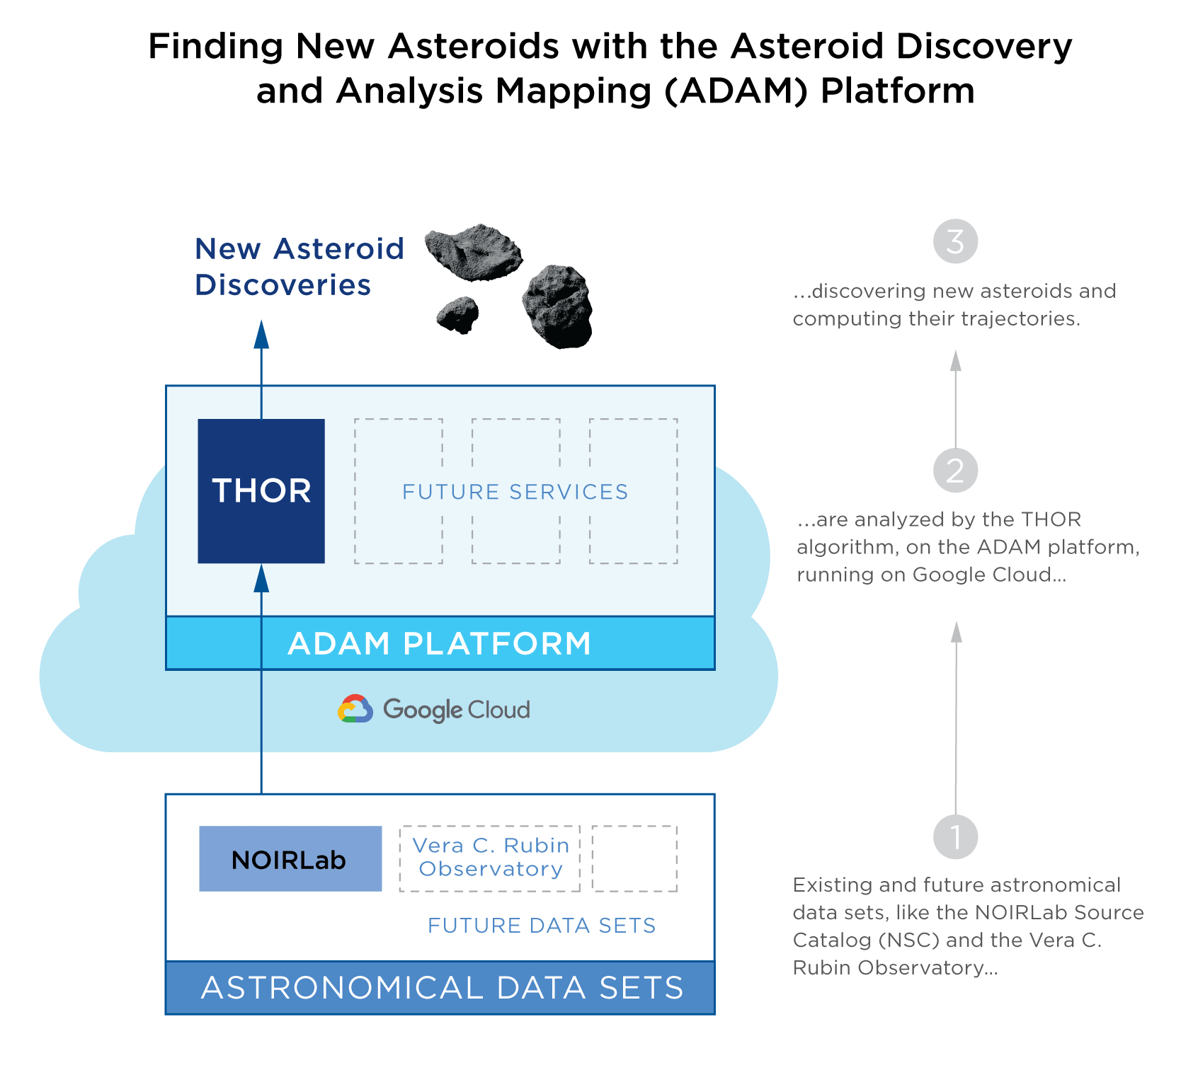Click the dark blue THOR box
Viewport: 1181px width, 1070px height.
[x=261, y=490]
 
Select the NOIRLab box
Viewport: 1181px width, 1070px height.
[x=290, y=858]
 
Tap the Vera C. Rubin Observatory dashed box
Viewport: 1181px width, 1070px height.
[x=490, y=858]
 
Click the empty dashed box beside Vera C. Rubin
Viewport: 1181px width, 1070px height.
[x=634, y=858]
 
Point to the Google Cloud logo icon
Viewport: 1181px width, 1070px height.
[x=355, y=708]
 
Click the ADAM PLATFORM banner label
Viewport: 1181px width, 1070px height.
[x=440, y=643]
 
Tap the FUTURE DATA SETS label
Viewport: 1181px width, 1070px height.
[x=542, y=926]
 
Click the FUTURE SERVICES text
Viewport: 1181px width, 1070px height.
[x=515, y=492]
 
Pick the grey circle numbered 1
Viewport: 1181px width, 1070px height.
[x=955, y=837]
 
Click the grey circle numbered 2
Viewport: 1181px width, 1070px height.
[x=955, y=471]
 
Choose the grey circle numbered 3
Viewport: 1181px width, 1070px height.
[x=955, y=241]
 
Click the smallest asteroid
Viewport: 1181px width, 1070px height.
[x=458, y=314]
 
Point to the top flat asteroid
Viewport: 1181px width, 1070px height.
[x=473, y=251]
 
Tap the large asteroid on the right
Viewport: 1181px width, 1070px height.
[x=558, y=306]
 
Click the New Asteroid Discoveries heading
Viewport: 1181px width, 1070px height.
[x=299, y=267]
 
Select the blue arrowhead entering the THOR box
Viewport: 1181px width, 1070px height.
[x=261, y=578]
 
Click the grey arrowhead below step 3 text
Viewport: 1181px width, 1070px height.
[x=956, y=361]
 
